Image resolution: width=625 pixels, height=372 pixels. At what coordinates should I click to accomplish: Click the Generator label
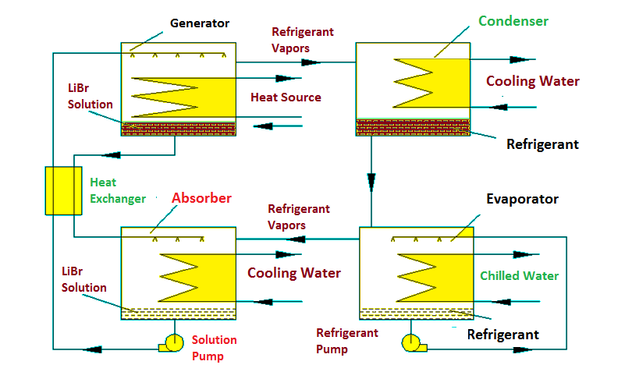point(200,23)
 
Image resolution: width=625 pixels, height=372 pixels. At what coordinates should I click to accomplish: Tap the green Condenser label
point(513,21)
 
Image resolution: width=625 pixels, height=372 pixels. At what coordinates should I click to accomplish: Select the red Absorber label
point(201,198)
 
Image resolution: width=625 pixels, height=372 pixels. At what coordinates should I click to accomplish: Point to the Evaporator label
point(522,199)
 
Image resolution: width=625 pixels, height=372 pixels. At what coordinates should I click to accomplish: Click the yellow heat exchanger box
point(64,191)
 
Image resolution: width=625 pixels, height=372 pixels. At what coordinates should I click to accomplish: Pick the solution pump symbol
point(172,343)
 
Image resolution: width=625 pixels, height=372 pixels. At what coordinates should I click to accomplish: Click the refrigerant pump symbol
point(414,343)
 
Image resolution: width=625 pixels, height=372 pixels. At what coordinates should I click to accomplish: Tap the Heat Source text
point(286,97)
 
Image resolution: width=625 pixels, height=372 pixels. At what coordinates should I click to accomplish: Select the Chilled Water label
point(520,275)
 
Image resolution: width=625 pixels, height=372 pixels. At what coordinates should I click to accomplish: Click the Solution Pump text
point(214,348)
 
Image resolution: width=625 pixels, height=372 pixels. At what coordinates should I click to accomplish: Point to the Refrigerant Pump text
point(346,341)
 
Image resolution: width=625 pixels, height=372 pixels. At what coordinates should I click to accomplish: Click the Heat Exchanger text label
point(118,190)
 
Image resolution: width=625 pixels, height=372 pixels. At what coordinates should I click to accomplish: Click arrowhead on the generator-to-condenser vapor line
point(311,62)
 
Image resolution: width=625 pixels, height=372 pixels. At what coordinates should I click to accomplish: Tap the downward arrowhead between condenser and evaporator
point(371,182)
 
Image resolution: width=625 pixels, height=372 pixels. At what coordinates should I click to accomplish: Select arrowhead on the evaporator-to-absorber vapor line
point(297,239)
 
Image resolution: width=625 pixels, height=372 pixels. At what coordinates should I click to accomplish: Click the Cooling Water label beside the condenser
point(532,81)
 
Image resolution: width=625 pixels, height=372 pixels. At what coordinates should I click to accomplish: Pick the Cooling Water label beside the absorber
point(293,273)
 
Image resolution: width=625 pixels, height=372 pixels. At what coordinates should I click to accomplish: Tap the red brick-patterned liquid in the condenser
point(413,127)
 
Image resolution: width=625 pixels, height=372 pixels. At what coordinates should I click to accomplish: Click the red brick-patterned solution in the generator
point(179,129)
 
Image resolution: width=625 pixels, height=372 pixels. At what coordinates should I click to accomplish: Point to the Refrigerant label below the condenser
point(542,144)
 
